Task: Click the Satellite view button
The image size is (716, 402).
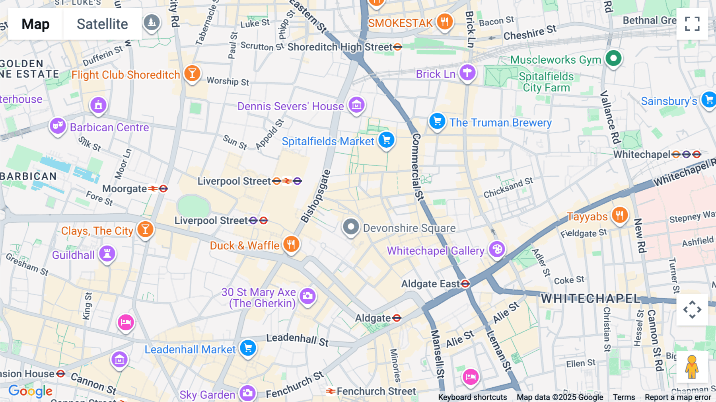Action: click(x=102, y=24)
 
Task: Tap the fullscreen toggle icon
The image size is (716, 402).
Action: click(x=692, y=24)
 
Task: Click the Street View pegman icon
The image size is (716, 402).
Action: click(x=692, y=367)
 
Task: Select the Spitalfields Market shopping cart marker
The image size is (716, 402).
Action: click(x=386, y=140)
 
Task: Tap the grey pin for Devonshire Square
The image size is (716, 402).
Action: click(x=351, y=227)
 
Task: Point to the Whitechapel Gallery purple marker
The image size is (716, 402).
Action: click(x=497, y=250)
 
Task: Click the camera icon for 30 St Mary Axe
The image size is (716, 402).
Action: click(x=307, y=296)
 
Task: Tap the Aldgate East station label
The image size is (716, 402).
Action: click(x=430, y=284)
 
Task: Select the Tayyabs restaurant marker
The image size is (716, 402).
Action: click(x=619, y=215)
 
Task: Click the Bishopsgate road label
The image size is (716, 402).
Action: click(x=315, y=196)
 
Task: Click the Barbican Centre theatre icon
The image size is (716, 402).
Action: click(x=58, y=126)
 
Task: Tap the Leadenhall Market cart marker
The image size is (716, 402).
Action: click(x=248, y=348)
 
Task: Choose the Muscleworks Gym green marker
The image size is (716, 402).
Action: click(x=613, y=59)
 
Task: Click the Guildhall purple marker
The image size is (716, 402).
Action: click(x=107, y=254)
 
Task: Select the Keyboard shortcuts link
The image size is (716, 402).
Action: click(x=472, y=397)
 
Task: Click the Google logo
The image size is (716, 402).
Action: click(x=30, y=391)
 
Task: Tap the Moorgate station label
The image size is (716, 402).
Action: click(x=125, y=189)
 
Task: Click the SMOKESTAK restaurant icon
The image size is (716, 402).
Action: click(x=444, y=21)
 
